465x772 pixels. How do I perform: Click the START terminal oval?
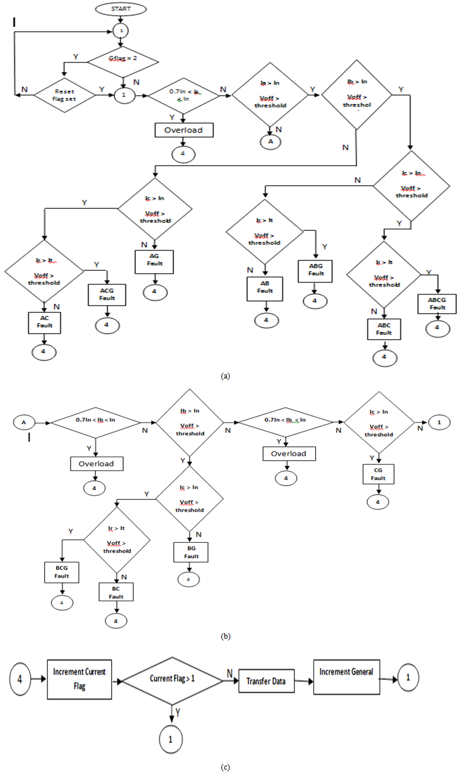(x=121, y=9)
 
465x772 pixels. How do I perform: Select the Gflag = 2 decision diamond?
(x=122, y=60)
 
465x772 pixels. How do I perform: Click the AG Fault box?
(x=154, y=260)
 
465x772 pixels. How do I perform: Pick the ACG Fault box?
(x=106, y=295)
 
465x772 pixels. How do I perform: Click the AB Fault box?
(x=266, y=288)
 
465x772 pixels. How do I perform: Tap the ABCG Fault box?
(x=437, y=304)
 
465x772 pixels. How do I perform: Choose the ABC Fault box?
(x=384, y=329)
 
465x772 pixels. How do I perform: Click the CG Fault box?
(x=378, y=475)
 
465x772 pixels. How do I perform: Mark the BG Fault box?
(x=191, y=553)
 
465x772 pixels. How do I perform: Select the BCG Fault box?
(x=61, y=574)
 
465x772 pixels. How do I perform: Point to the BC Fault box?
(x=116, y=591)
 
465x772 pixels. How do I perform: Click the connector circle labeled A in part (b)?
(x=24, y=422)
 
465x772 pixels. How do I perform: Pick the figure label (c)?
(x=226, y=767)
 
